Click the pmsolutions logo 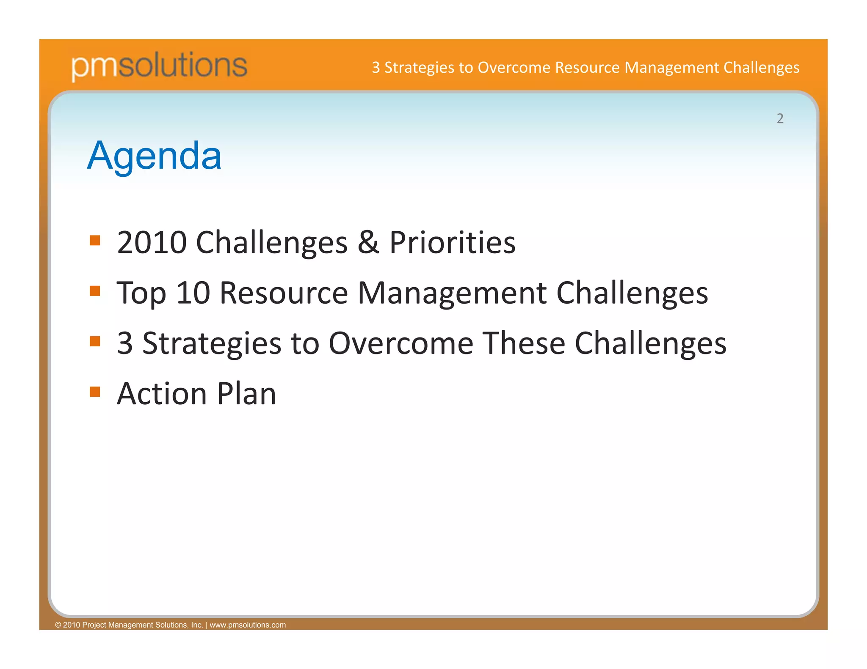click(159, 66)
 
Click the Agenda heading click(154, 156)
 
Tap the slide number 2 click(780, 118)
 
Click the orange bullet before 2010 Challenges click(95, 241)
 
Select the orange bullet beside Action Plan click(95, 392)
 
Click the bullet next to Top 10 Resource click(95, 291)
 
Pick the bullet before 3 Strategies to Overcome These click(95, 341)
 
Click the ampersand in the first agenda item click(368, 242)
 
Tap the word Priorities click(452, 242)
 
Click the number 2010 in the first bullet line click(152, 242)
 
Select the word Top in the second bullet click(141, 293)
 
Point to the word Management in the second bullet click(452, 293)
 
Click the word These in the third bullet click(524, 343)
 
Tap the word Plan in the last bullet click(246, 394)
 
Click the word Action click(162, 394)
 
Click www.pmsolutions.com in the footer click(248, 625)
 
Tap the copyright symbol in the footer click(58, 625)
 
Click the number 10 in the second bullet click(193, 293)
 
